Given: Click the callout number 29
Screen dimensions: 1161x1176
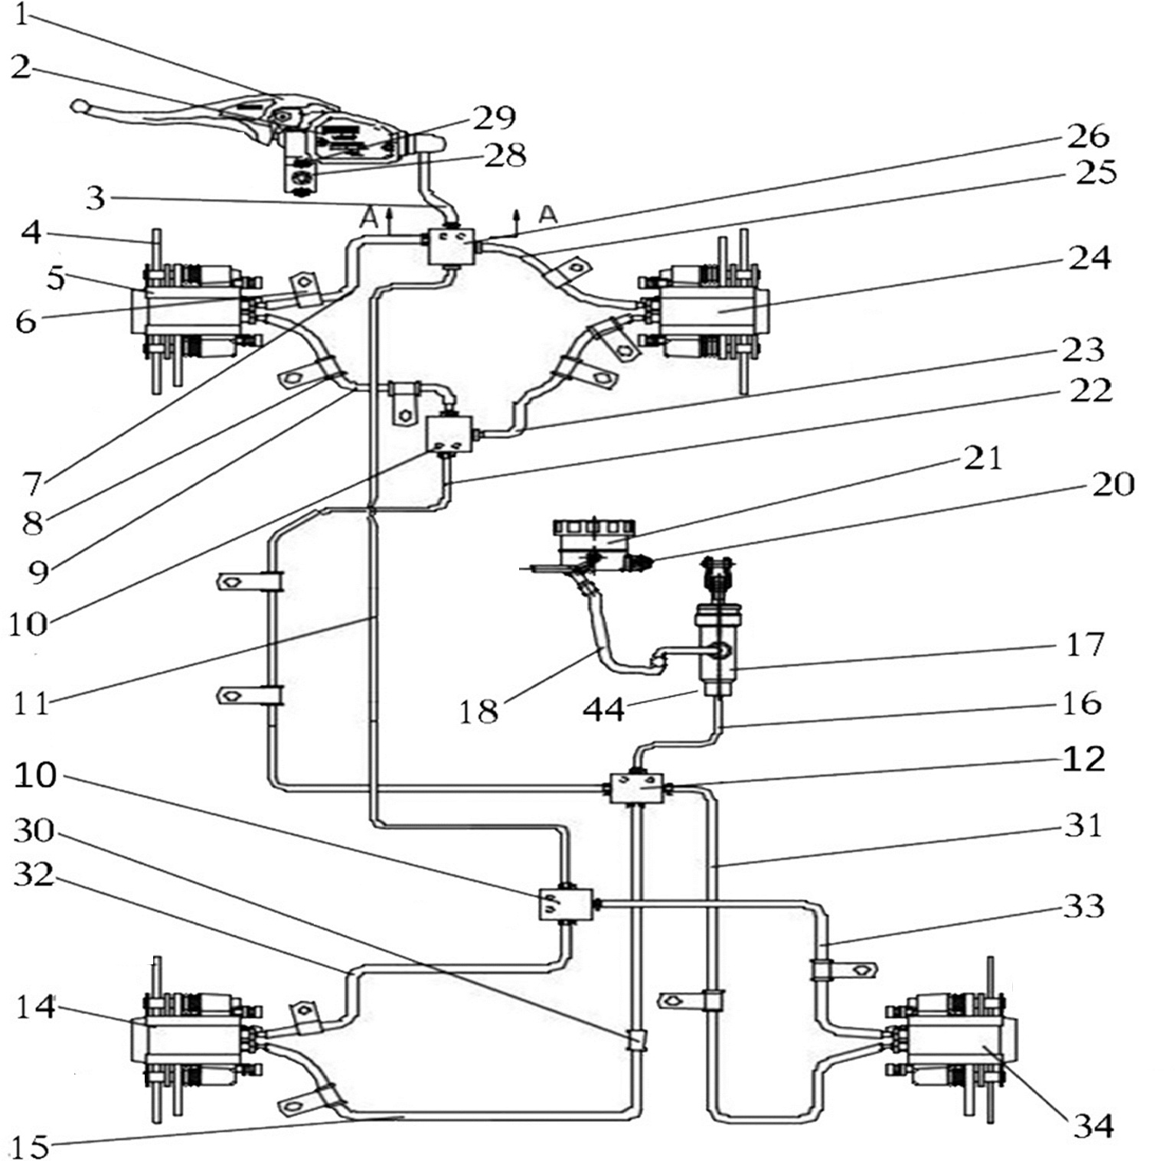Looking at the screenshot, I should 494,118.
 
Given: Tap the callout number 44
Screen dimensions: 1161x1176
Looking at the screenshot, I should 603,709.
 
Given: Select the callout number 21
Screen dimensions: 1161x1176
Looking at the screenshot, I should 983,458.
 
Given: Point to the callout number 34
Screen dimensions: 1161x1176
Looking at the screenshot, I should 1093,1126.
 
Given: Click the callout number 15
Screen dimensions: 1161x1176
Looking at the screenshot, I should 31,1146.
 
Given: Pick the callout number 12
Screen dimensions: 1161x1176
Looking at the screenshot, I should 1084,758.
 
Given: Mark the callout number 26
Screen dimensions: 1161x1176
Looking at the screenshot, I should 1088,136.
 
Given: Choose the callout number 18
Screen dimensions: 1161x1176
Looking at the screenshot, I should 479,711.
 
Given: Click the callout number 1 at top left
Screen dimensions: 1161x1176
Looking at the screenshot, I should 21,14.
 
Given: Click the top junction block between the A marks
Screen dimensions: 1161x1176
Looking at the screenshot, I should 449,246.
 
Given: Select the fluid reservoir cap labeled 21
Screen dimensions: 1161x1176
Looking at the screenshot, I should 594,529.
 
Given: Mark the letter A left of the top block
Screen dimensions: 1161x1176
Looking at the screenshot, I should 370,219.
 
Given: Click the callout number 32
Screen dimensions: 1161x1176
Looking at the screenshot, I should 34,874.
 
